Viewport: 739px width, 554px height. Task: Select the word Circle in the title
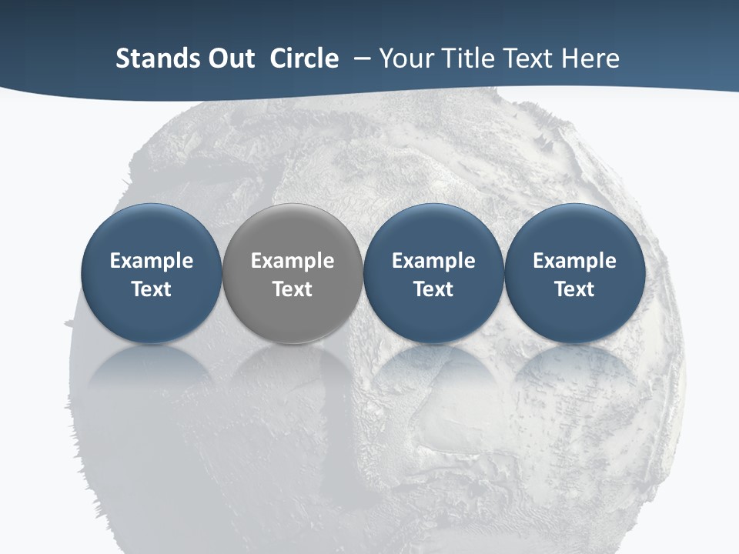click(304, 58)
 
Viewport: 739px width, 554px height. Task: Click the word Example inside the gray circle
click(293, 261)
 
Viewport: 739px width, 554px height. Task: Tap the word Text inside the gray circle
click(293, 289)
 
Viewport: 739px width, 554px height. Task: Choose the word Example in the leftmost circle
click(152, 261)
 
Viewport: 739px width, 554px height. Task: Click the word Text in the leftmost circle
click(152, 289)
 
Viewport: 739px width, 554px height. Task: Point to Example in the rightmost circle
click(574, 261)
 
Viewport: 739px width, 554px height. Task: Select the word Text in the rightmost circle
click(574, 289)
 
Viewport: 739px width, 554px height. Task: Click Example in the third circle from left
click(433, 261)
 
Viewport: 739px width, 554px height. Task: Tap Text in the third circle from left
click(433, 289)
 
